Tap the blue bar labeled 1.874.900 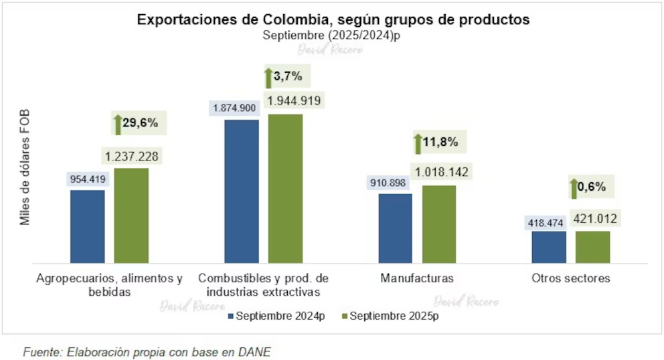242,191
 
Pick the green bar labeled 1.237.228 131,215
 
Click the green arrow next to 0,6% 574,188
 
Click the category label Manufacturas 416,278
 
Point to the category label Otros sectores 571,278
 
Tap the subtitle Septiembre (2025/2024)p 333,36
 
